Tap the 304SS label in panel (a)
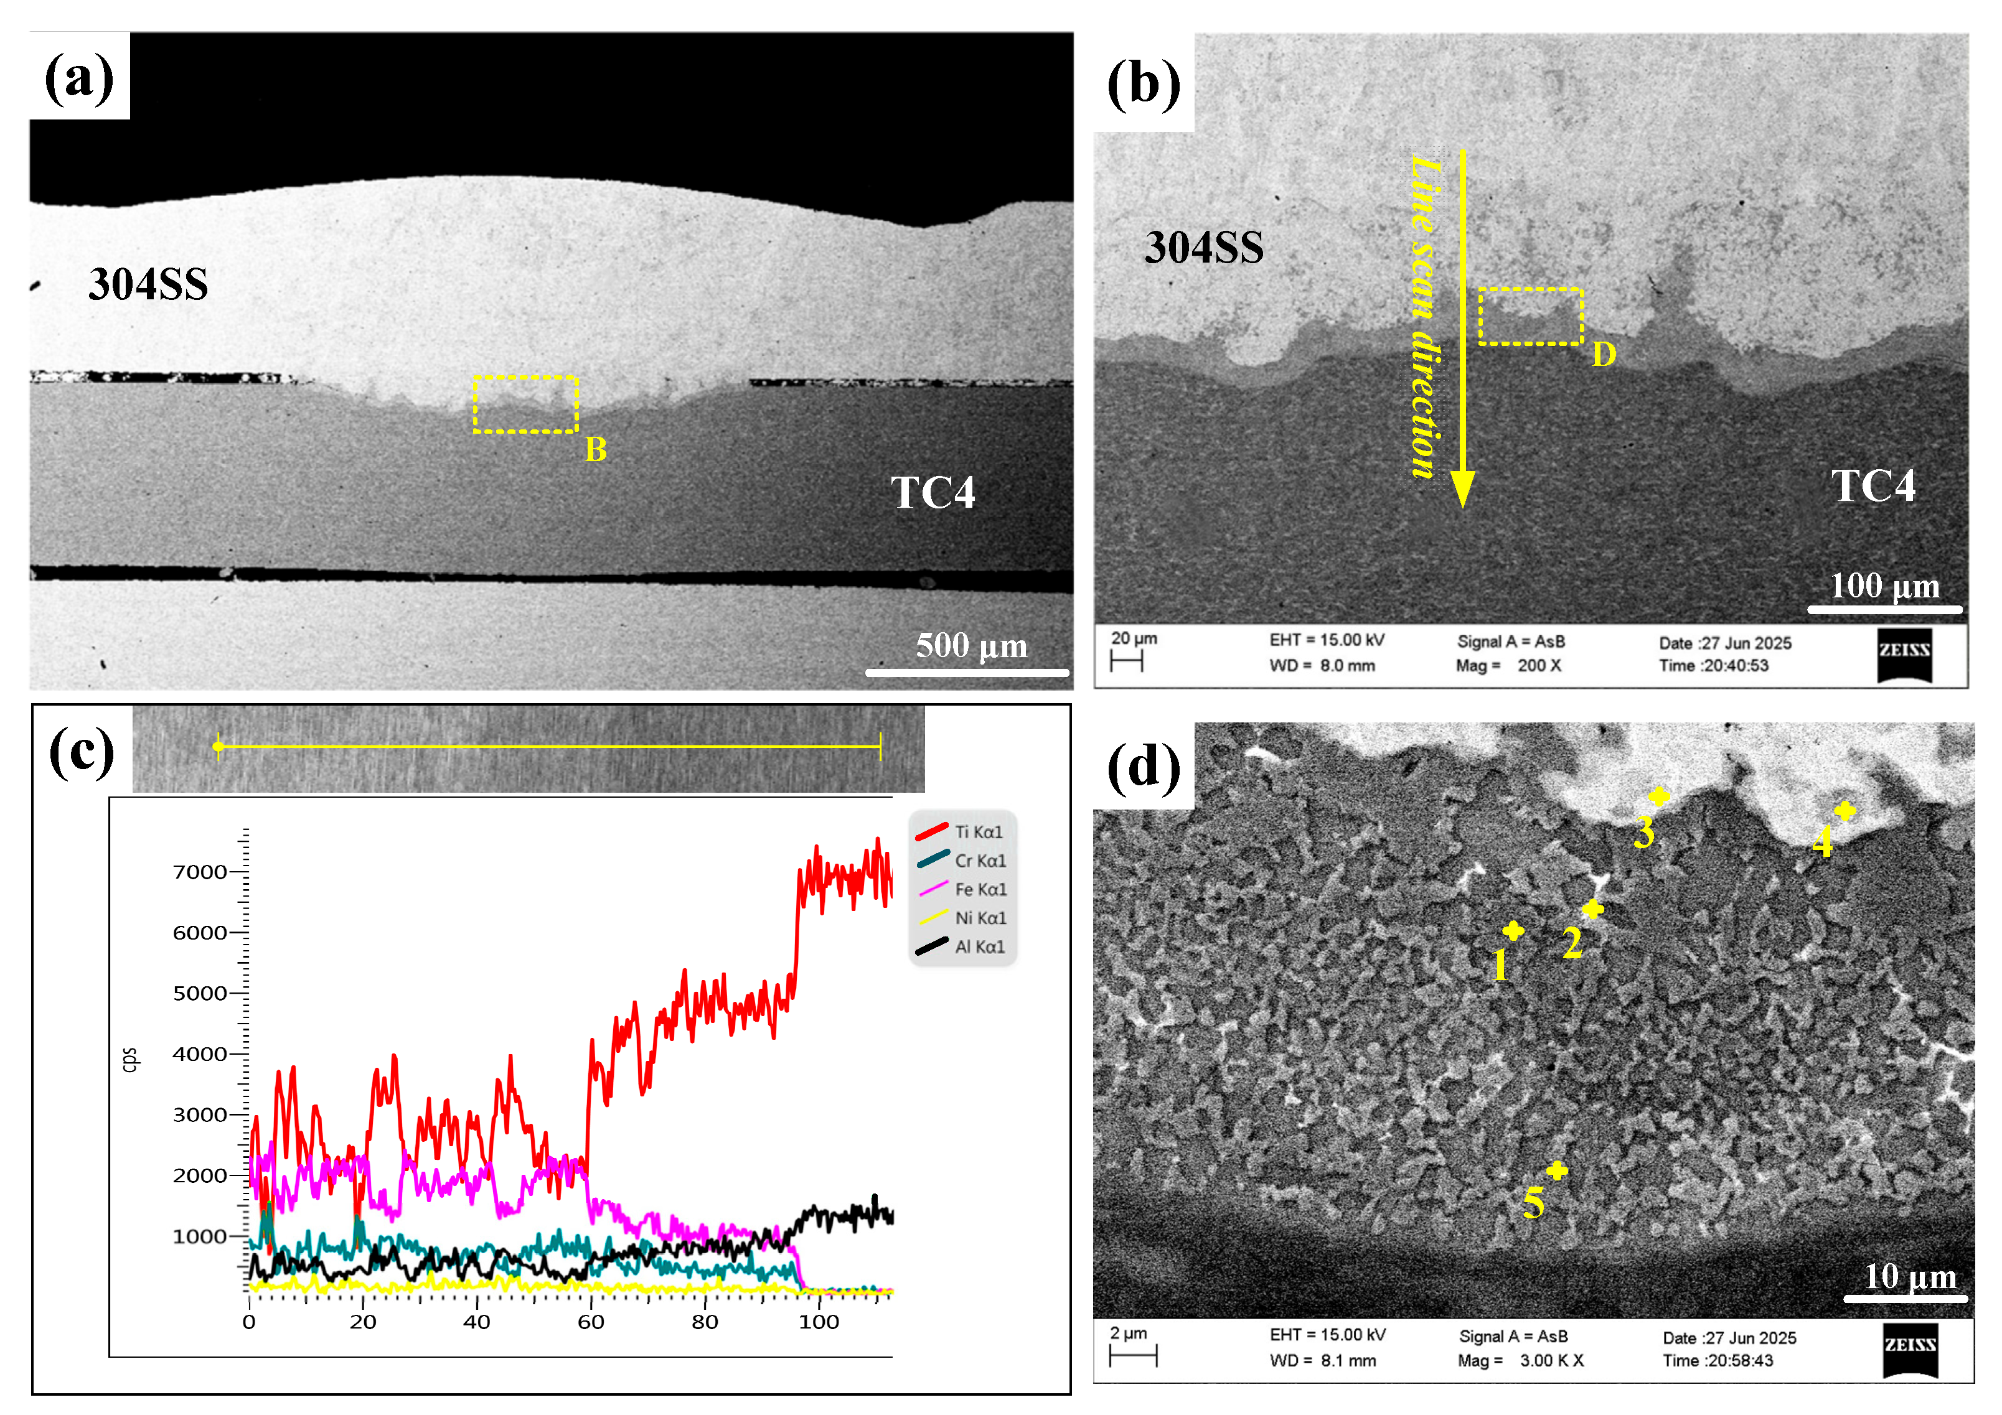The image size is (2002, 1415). tap(148, 284)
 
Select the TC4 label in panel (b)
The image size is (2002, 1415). tap(1873, 485)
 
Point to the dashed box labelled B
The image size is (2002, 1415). tap(526, 404)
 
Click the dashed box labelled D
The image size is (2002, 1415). tap(1530, 317)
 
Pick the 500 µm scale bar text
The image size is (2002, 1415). tap(971, 646)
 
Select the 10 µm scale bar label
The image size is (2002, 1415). tap(1910, 1276)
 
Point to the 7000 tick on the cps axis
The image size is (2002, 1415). tap(200, 872)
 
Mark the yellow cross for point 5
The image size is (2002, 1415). tap(1556, 1171)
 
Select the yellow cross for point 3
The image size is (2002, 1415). tap(1658, 796)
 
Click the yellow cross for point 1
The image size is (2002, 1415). tap(1513, 931)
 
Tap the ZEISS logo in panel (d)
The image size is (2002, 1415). tap(1910, 1348)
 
